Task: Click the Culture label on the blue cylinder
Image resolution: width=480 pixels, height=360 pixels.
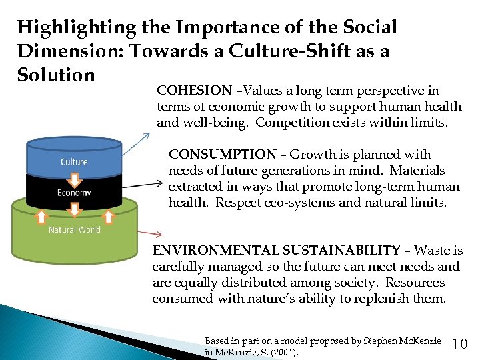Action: (x=74, y=162)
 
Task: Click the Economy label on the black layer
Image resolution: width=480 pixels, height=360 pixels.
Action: (x=74, y=193)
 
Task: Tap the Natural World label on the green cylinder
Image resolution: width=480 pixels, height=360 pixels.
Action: (x=74, y=230)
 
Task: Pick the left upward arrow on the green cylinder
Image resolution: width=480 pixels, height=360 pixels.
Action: (x=40, y=216)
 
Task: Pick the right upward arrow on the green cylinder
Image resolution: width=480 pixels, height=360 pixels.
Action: (x=108, y=216)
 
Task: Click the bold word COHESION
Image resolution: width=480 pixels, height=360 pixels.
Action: (x=194, y=90)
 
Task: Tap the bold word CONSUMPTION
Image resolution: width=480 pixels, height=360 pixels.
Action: (x=222, y=155)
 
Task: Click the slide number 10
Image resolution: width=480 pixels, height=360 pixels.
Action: (x=460, y=344)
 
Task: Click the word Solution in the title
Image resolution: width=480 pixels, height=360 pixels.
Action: (x=57, y=74)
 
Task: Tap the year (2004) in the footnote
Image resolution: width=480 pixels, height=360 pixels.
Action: (x=286, y=352)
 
